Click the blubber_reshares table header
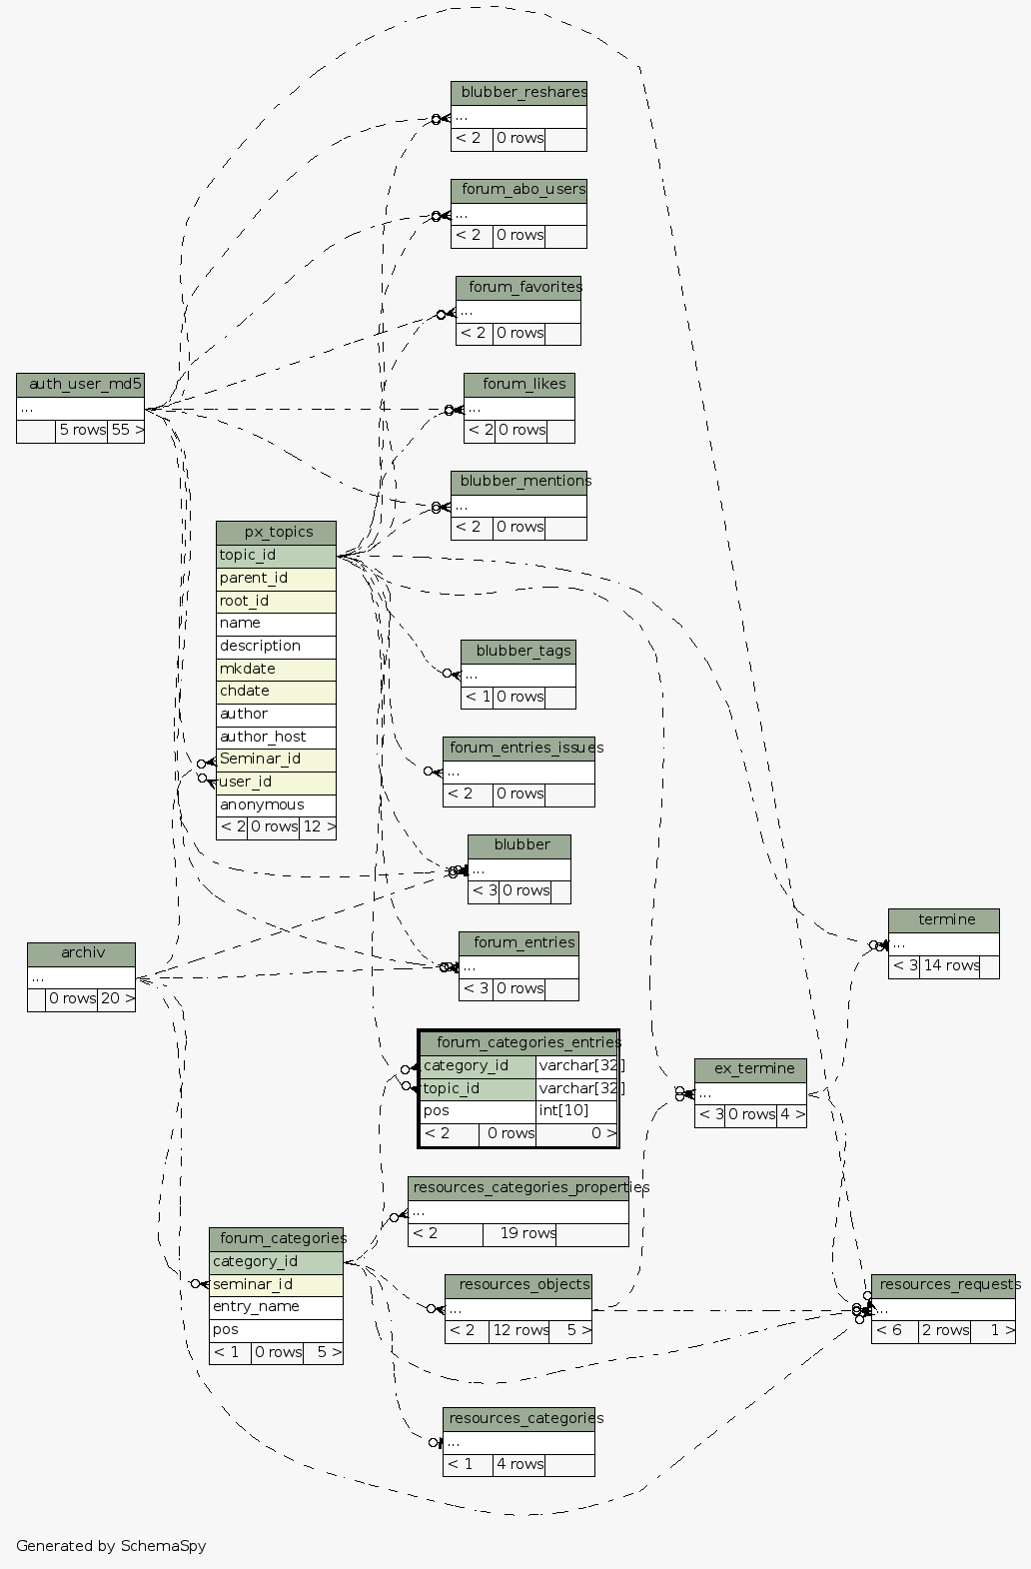(x=518, y=93)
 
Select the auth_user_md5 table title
(x=80, y=385)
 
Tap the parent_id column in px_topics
(x=276, y=578)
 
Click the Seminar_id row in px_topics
(x=276, y=760)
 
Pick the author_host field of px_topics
(x=276, y=737)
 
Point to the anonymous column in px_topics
(x=276, y=804)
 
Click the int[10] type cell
(x=576, y=1110)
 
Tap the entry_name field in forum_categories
(x=276, y=1306)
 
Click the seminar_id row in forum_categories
(x=276, y=1284)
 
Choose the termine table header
(x=943, y=919)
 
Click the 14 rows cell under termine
(x=949, y=965)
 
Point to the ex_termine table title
(x=750, y=1069)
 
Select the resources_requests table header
(x=943, y=1285)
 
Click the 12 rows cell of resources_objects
(x=518, y=1330)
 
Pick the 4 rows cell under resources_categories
(x=518, y=1464)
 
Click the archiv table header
(x=81, y=953)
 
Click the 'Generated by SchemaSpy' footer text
(x=111, y=1546)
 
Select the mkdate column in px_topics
(x=276, y=669)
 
